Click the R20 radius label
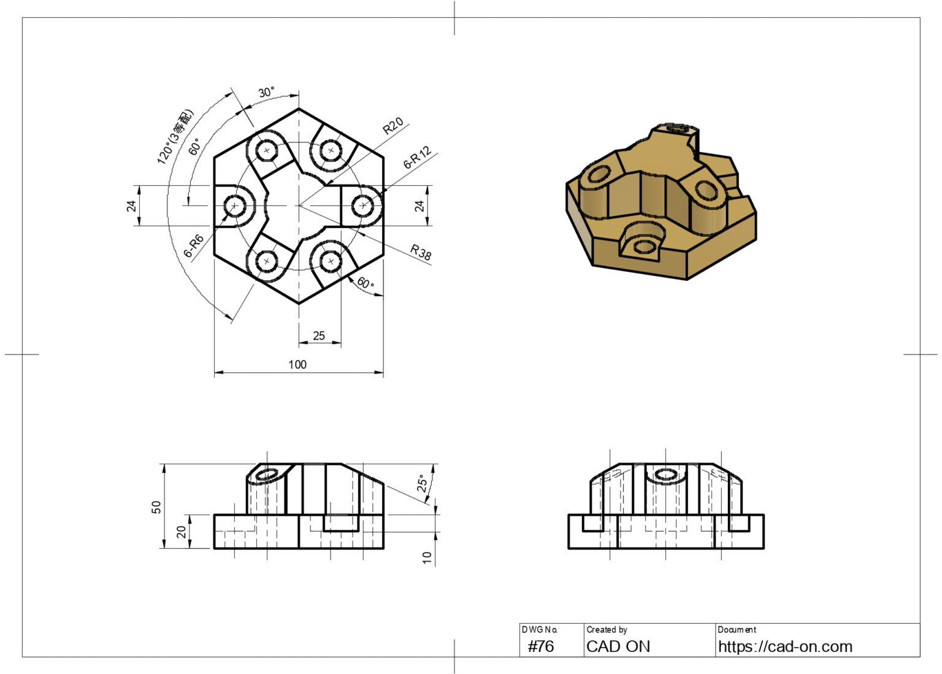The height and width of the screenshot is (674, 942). point(393,126)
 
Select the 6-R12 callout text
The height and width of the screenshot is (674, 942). point(418,158)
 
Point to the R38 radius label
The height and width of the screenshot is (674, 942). point(421,252)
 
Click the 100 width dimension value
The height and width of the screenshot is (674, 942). point(297,365)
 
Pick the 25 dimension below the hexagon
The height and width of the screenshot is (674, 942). point(319,336)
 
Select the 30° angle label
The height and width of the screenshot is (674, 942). point(266,93)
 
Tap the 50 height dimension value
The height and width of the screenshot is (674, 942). point(156,507)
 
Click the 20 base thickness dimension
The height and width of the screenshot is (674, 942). point(182,532)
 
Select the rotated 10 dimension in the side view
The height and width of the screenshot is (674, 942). point(427,557)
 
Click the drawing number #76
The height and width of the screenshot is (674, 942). point(541,646)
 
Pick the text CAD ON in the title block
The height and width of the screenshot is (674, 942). point(618,646)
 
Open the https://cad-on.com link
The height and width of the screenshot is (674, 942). point(785,646)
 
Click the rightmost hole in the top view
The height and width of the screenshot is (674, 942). point(362,205)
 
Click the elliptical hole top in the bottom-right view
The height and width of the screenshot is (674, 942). point(666,475)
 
